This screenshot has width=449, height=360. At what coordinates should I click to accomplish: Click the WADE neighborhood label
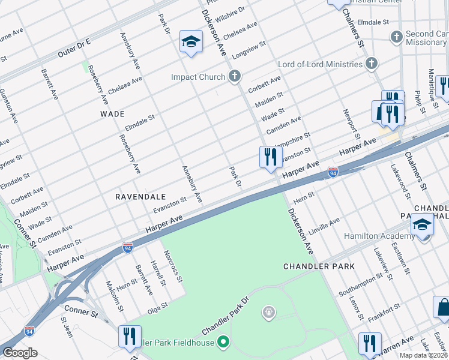(112, 113)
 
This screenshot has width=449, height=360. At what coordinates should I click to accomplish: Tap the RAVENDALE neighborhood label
(140, 196)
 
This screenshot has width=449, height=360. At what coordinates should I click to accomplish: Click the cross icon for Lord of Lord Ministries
(372, 64)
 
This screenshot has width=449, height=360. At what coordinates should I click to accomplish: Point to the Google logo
(20, 352)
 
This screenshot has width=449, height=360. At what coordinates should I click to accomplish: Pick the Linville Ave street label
(324, 226)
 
